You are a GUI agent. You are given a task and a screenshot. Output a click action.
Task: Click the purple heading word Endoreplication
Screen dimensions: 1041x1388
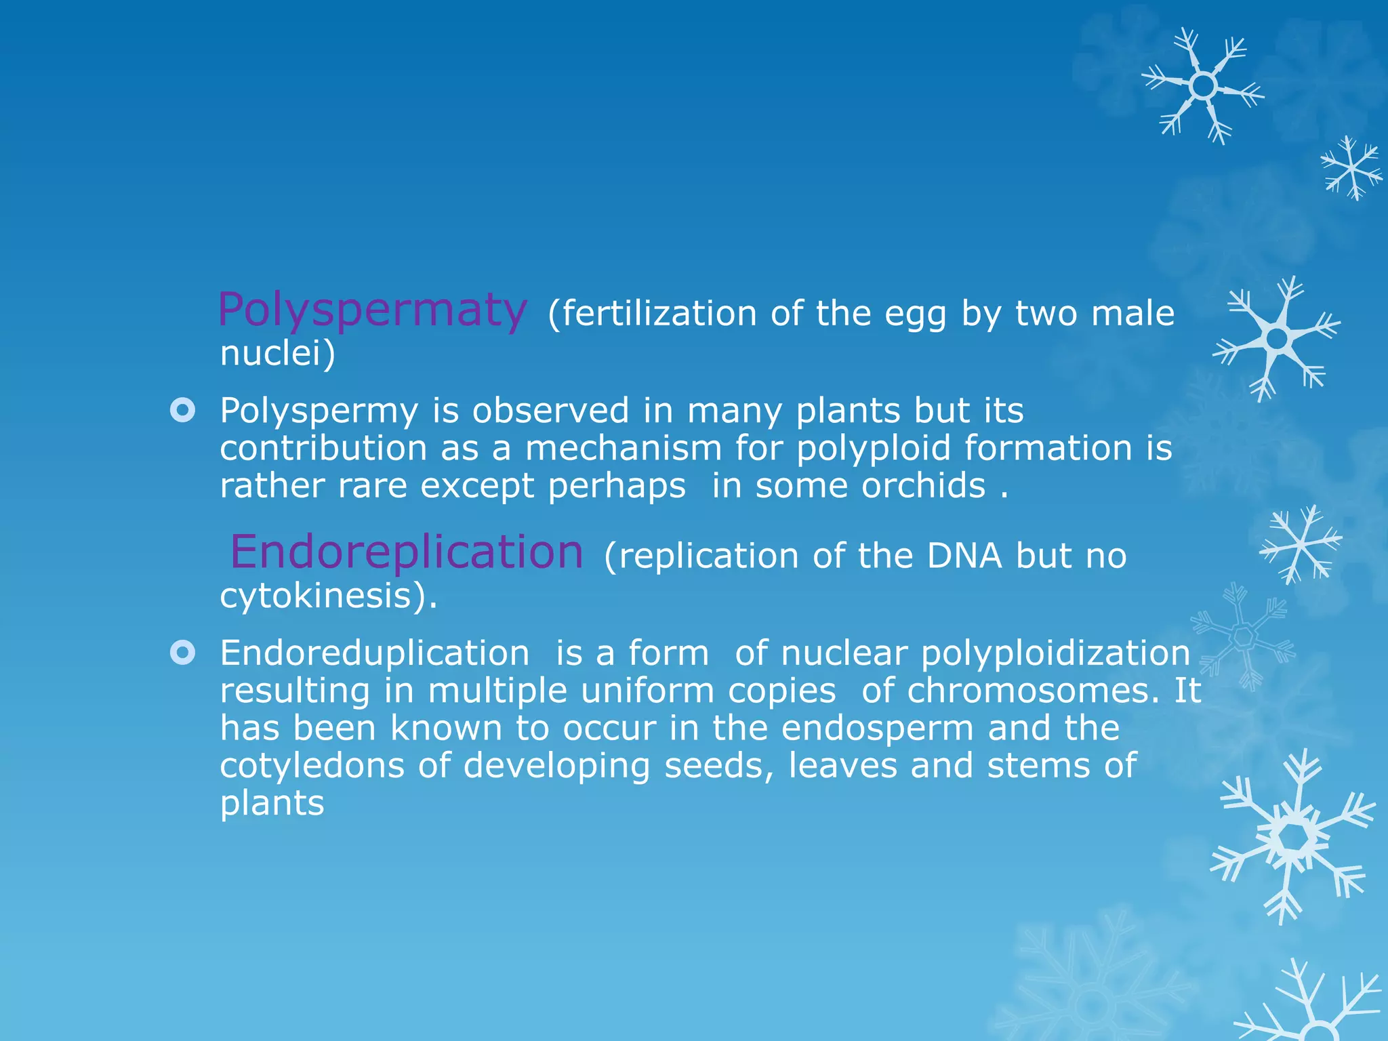click(x=407, y=552)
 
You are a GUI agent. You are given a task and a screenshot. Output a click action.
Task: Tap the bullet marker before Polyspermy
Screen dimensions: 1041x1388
click(x=183, y=410)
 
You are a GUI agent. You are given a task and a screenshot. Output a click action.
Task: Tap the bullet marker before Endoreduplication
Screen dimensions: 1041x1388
click(x=183, y=653)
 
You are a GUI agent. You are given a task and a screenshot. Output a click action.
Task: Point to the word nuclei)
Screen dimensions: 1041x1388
click(x=277, y=353)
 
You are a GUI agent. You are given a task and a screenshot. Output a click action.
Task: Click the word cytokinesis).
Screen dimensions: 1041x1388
click(x=329, y=596)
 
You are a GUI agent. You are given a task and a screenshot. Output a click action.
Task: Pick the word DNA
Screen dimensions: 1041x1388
click(x=964, y=556)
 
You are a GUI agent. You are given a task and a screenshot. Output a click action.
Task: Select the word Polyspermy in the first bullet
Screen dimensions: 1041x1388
click(x=319, y=411)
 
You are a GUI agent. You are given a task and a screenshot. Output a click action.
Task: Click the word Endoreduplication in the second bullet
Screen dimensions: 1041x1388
click(x=374, y=653)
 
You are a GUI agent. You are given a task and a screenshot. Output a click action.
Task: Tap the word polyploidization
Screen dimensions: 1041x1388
click(x=1055, y=653)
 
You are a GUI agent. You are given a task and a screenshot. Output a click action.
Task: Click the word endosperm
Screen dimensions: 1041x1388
click(x=878, y=729)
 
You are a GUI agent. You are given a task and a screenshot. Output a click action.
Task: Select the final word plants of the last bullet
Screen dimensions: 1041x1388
click(x=272, y=804)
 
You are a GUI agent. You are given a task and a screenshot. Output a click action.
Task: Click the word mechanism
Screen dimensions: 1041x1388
click(x=624, y=448)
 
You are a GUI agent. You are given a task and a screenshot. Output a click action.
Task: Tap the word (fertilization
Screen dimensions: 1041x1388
click(x=651, y=314)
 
